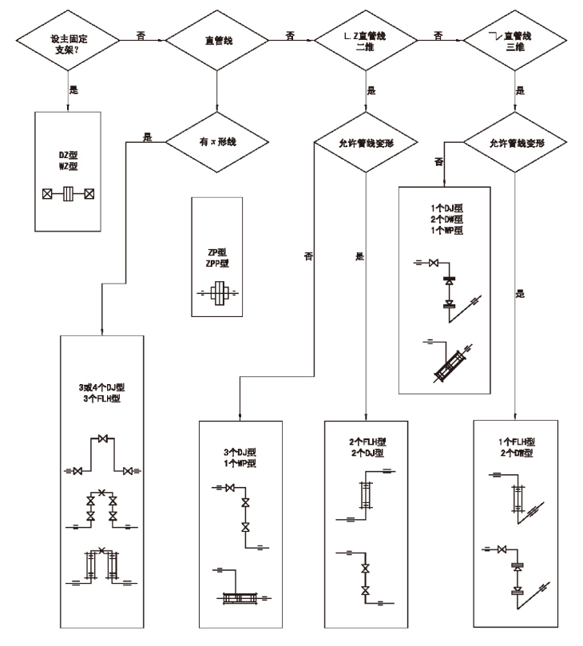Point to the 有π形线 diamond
(x=217, y=144)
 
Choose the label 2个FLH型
(x=366, y=442)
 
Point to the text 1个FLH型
(x=514, y=442)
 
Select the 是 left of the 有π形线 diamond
(x=146, y=137)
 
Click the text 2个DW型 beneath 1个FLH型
(x=514, y=453)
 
